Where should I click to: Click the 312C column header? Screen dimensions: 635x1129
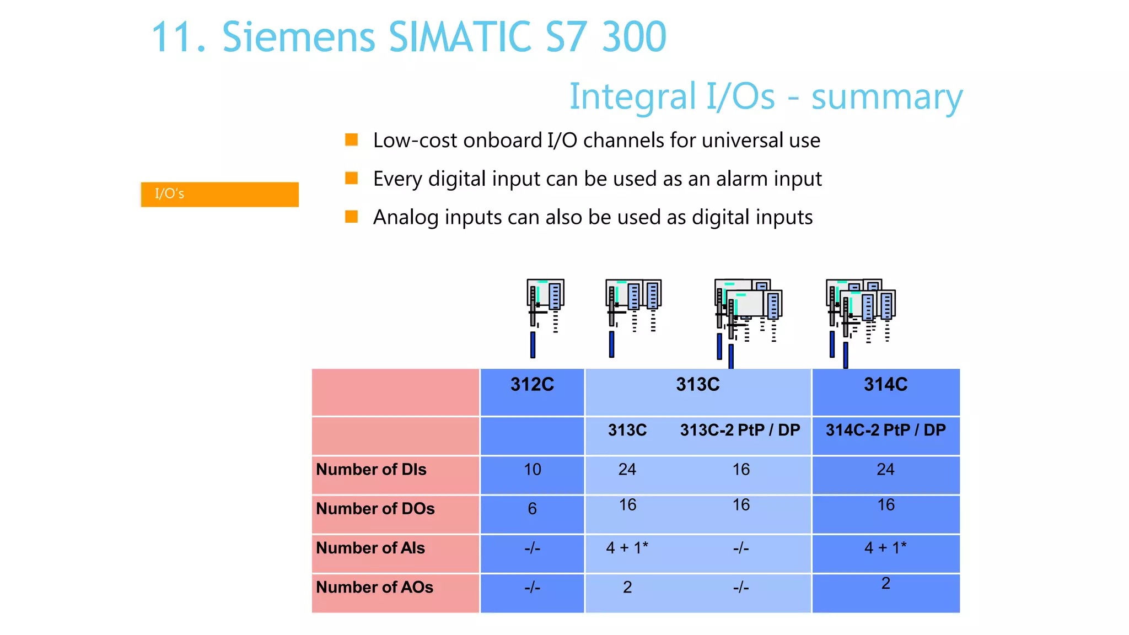click(532, 384)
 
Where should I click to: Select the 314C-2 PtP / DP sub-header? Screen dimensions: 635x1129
click(885, 430)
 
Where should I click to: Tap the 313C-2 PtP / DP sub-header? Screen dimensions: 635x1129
click(740, 430)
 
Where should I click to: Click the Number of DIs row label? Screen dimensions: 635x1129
click(371, 470)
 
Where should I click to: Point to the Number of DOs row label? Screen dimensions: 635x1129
click(375, 509)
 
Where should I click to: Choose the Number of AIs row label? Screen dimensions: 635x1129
click(370, 548)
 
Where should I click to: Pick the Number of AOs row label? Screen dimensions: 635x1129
click(374, 588)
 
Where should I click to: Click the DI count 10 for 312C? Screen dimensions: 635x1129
click(532, 470)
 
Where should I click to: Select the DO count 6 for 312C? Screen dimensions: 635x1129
click(532, 509)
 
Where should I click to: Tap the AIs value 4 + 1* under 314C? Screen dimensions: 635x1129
click(885, 548)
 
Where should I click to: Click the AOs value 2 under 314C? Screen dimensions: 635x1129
click(885, 583)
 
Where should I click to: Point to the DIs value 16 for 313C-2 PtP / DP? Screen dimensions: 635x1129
click(741, 470)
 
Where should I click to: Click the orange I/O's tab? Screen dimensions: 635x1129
click(219, 194)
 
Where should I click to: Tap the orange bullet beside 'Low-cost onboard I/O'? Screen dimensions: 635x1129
click(351, 139)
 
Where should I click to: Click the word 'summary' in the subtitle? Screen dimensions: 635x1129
click(886, 97)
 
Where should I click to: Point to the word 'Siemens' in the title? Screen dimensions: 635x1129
click(298, 37)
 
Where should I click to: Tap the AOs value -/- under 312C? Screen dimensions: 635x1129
click(532, 588)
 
